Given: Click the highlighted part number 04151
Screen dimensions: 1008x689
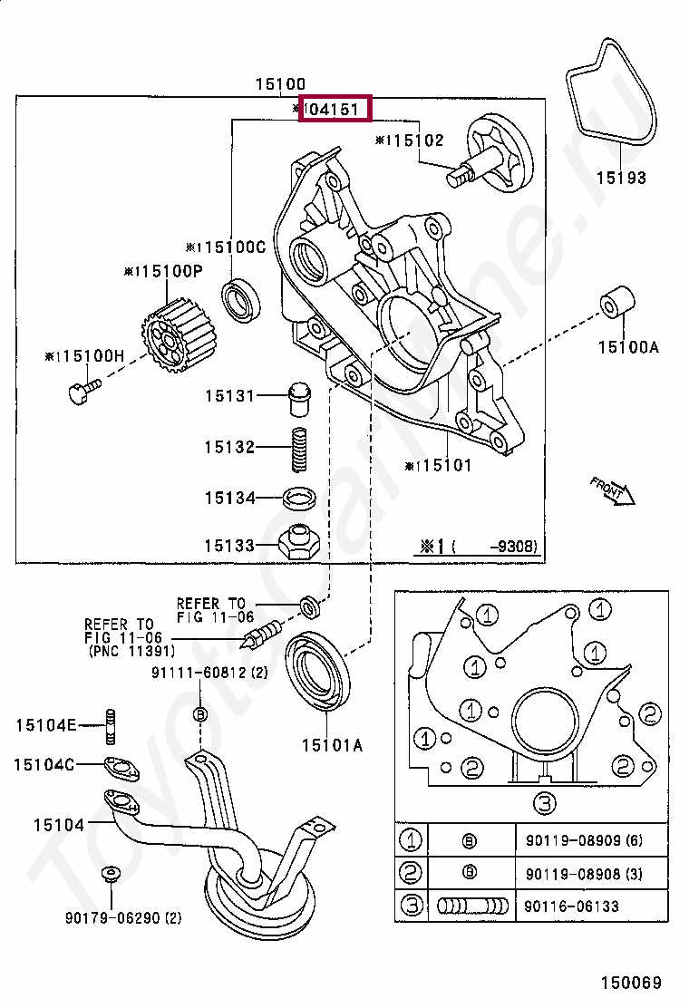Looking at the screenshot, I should click(x=336, y=110).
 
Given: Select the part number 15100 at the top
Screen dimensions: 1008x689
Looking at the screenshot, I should click(x=279, y=83).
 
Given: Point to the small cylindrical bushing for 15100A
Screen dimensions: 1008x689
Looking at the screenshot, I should click(x=616, y=303).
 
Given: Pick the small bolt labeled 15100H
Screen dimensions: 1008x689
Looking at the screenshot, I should click(x=80, y=392).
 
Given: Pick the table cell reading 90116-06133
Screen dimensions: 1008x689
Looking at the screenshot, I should click(x=572, y=906).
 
